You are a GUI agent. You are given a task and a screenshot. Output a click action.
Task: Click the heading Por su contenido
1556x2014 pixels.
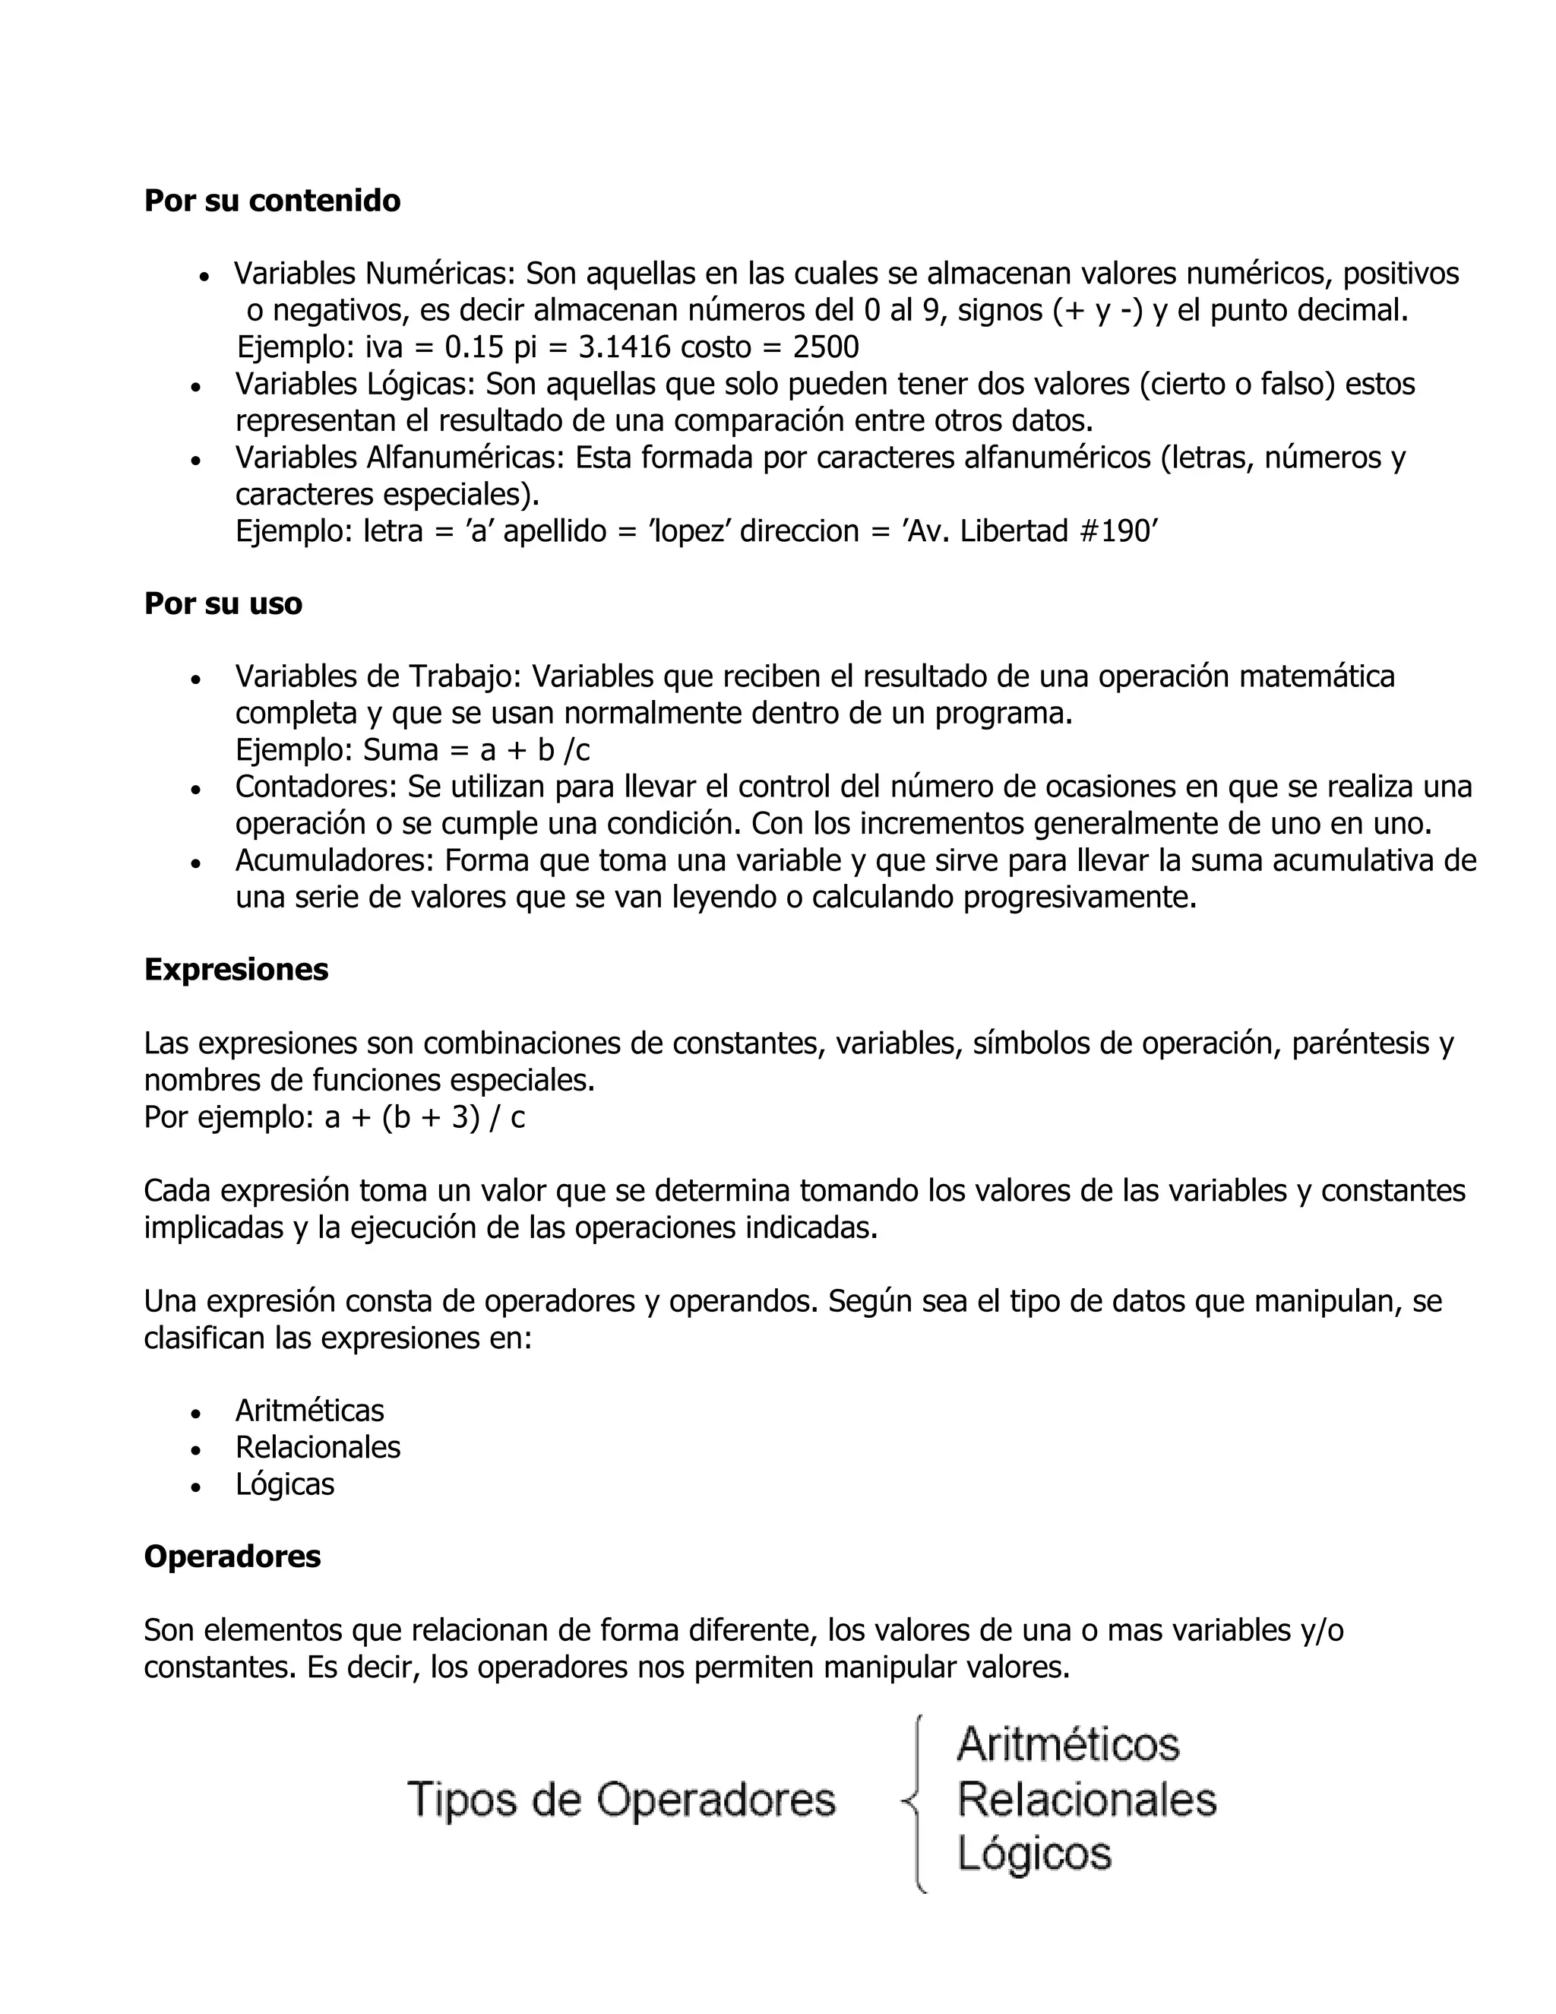272,201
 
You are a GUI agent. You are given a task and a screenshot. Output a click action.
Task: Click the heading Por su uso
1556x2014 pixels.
223,604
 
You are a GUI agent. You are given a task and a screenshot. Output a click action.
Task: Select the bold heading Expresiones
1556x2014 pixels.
236,970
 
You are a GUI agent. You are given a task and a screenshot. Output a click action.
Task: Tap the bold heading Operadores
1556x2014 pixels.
232,1556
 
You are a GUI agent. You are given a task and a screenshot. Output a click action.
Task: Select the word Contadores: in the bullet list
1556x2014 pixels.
316,787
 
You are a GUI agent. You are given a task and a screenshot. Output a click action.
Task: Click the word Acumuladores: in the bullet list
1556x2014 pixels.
334,861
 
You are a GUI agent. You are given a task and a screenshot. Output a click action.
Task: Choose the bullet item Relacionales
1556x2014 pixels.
318,1448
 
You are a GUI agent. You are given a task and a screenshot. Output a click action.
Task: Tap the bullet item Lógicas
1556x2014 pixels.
285,1485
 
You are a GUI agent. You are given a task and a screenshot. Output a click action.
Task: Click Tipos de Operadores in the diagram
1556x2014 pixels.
621,1799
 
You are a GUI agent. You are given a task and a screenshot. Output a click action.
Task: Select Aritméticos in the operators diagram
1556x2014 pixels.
1068,1743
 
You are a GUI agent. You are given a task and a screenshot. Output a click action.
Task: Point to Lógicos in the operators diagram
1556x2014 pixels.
1034,1854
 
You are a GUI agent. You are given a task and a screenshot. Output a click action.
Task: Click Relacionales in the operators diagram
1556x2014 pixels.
1086,1799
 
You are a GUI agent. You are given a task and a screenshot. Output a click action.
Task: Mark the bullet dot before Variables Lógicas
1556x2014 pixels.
195,386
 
